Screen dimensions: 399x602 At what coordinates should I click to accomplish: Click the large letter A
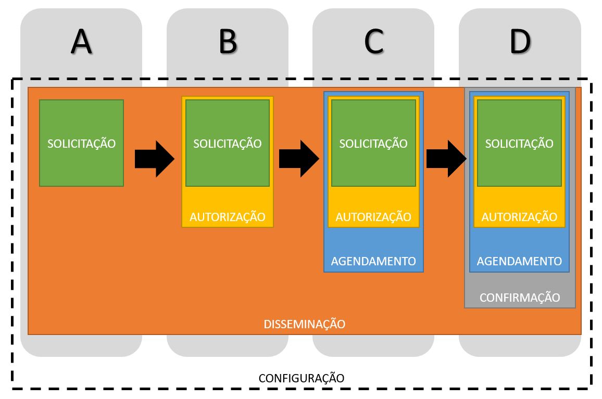81,42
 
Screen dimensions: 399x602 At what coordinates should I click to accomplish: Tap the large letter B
228,42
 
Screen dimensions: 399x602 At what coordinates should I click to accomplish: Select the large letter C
373,42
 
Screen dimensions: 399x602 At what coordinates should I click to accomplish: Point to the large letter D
519,42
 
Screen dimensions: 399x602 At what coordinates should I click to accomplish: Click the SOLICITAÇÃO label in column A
82,144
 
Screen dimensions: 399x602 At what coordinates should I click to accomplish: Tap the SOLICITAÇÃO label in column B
228,144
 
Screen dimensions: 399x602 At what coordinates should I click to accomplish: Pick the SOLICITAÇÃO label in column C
373,144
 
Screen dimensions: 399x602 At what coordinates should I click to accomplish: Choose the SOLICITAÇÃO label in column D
519,144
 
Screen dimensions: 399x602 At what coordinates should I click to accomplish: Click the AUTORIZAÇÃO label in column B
228,217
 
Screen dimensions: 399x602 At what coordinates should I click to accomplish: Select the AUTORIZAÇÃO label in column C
373,217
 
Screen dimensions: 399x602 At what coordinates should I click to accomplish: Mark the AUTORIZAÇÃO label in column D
519,217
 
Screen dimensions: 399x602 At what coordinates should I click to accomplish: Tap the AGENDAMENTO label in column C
373,261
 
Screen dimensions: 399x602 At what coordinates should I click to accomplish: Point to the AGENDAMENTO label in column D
519,261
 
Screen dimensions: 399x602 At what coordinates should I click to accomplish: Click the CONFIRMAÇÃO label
520,298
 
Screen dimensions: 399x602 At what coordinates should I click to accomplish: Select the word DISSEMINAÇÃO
305,325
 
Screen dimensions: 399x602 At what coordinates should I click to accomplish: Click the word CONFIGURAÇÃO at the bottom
302,378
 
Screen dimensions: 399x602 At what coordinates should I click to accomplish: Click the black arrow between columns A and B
154,159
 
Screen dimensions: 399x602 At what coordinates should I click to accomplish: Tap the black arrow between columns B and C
299,159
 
